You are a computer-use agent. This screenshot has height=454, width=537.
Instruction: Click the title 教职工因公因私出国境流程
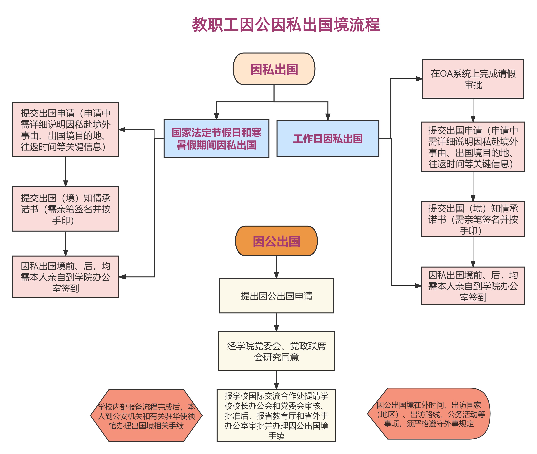point(286,25)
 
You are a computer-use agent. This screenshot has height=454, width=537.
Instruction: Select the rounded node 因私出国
point(274,69)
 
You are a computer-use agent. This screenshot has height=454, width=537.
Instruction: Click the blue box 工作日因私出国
point(328,139)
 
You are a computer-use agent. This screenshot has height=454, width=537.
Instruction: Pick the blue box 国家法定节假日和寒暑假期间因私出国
point(216,139)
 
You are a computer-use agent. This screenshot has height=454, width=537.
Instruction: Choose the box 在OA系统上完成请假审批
point(473,79)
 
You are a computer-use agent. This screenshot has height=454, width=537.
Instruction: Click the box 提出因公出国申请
point(276,296)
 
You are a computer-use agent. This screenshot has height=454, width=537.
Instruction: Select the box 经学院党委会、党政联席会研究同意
point(276,351)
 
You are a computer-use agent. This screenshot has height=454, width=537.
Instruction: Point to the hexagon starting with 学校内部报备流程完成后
point(146,415)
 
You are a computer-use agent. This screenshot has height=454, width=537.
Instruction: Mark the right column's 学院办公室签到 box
point(473,286)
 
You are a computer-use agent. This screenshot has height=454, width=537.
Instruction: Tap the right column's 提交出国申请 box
point(473,147)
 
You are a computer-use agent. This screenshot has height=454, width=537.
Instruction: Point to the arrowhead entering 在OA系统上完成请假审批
point(419,79)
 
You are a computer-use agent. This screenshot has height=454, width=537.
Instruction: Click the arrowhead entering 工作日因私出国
point(328,117)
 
